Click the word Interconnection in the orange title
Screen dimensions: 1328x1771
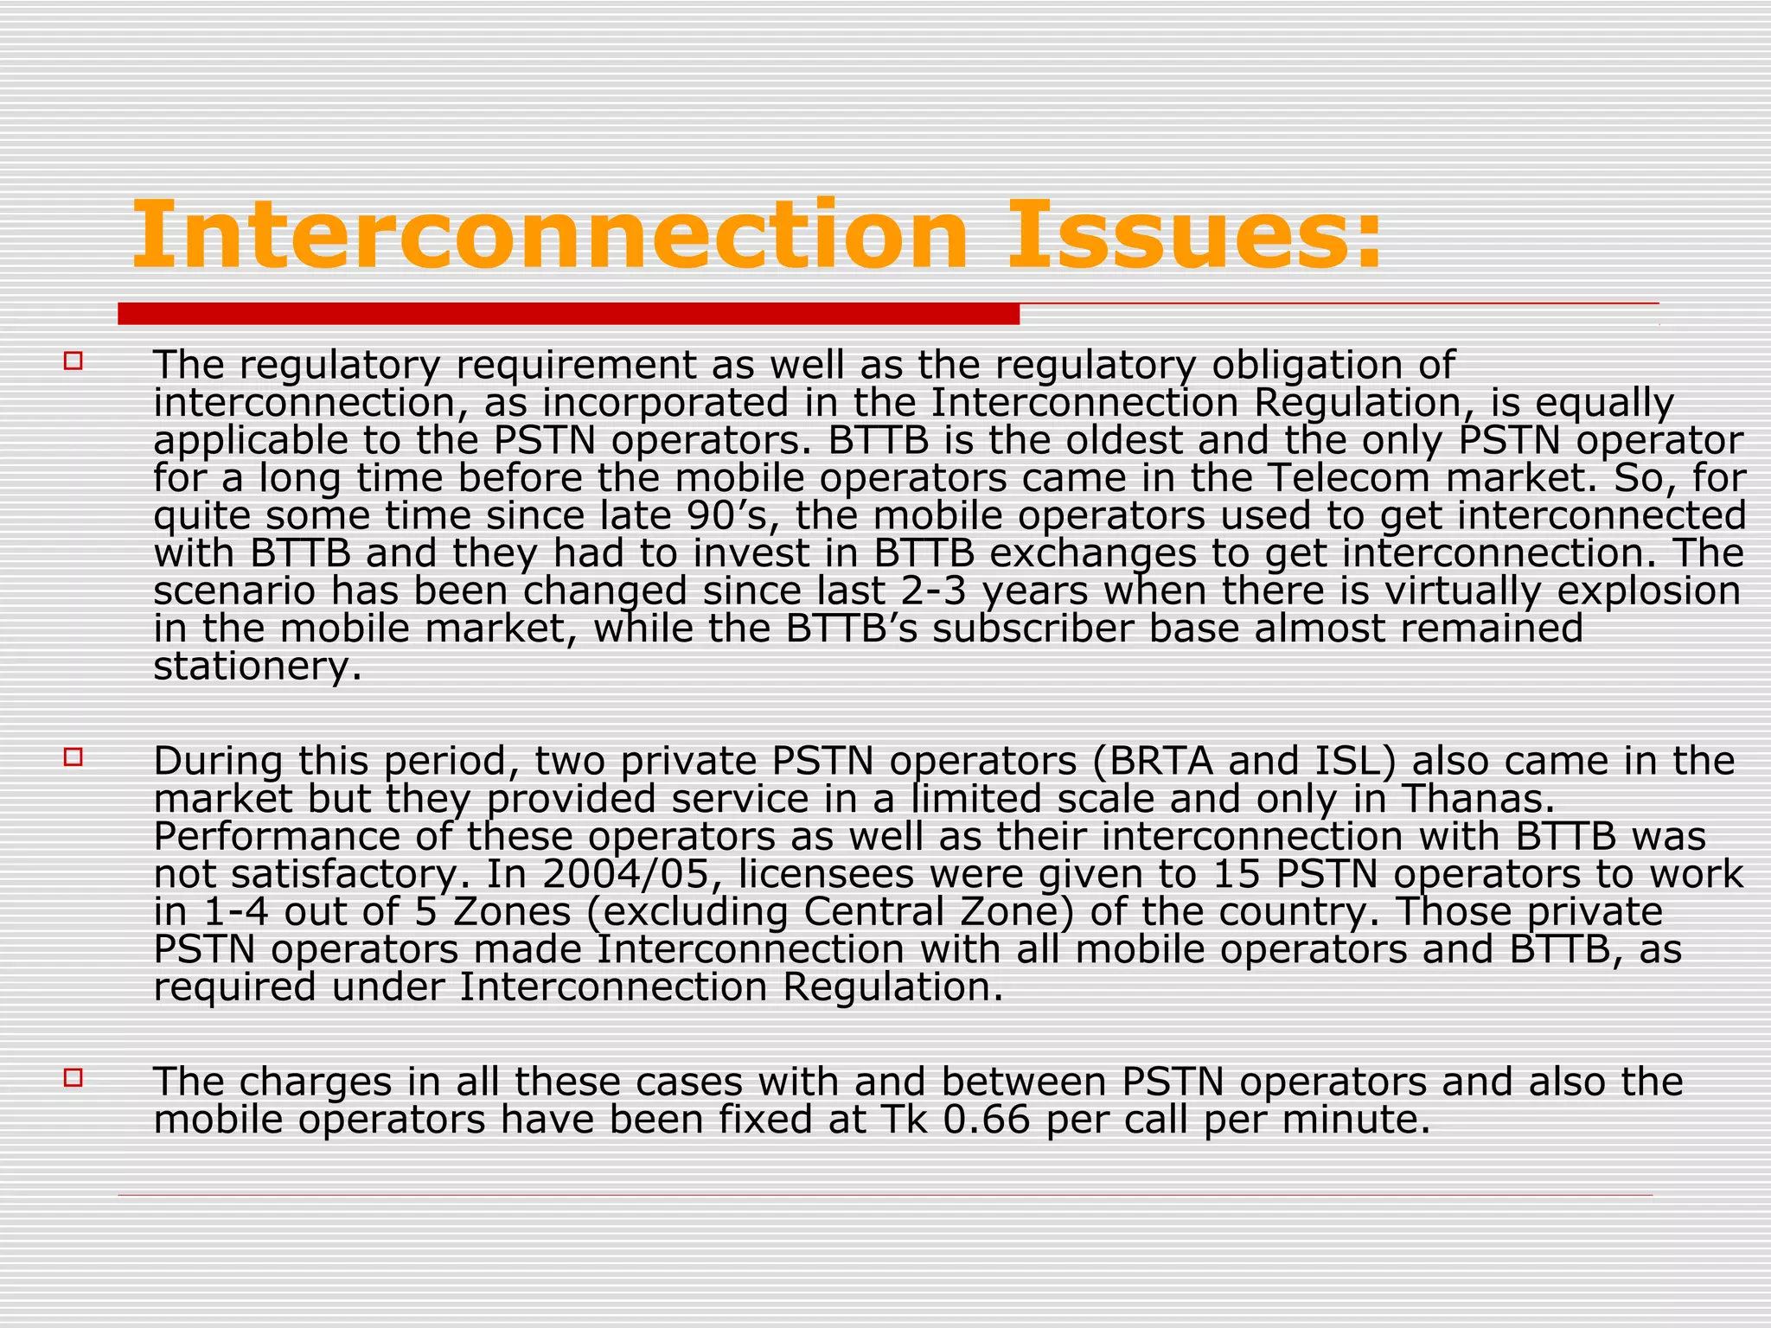tap(549, 235)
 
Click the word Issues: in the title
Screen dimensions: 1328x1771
tap(1194, 235)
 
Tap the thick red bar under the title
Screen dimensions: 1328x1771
tap(568, 314)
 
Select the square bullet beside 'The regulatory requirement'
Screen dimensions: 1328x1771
tap(73, 361)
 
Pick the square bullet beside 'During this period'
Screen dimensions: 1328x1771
tap(73, 757)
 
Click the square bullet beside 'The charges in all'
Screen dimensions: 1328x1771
tap(73, 1077)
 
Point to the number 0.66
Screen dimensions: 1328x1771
tap(987, 1120)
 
